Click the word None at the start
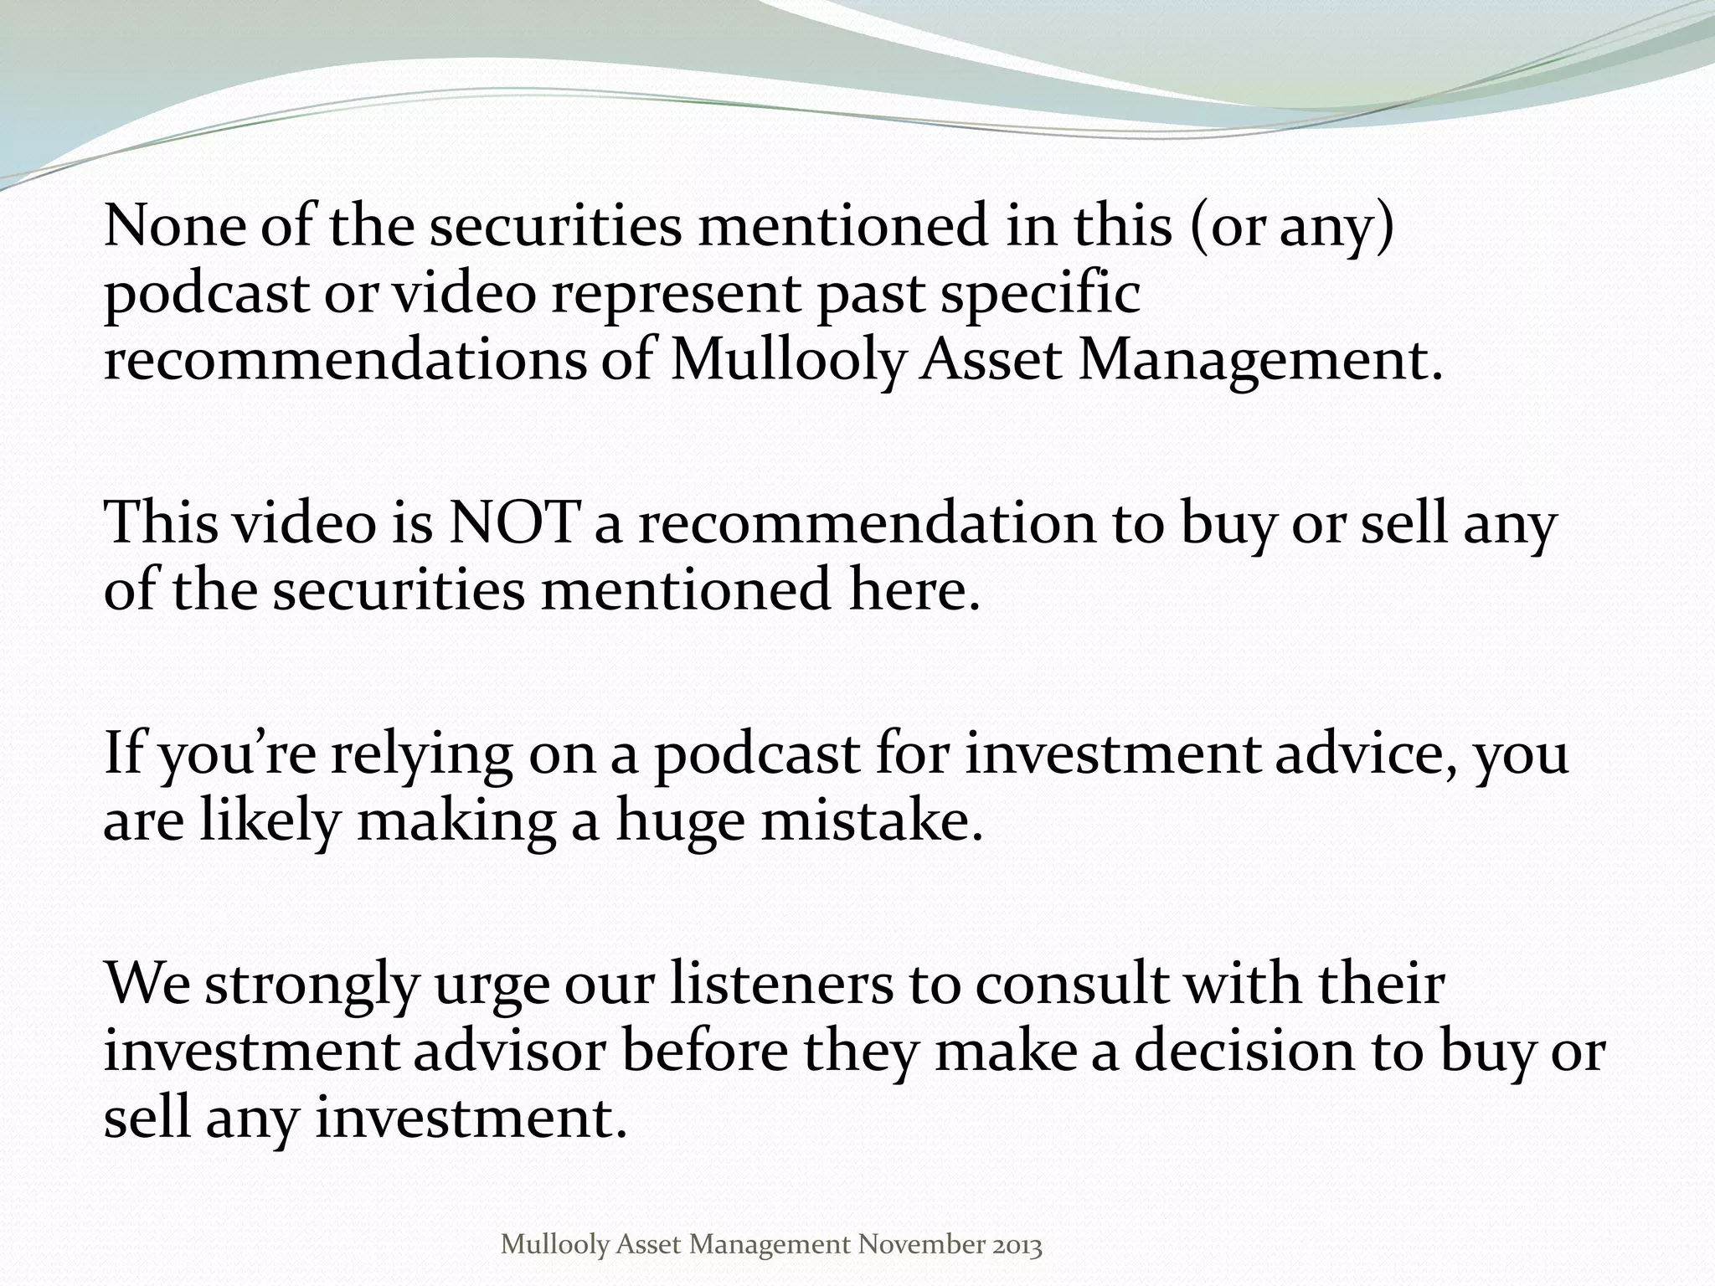pos(173,226)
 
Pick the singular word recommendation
pos(867,523)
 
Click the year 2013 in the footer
pos(1016,1246)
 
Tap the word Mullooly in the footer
pos(554,1246)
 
